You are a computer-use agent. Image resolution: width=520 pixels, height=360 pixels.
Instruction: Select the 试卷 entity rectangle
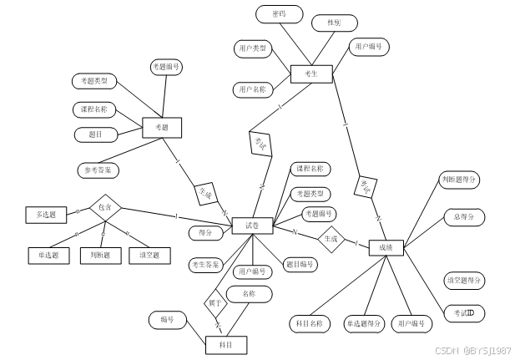click(251, 226)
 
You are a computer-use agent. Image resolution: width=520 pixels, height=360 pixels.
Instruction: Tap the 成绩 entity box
click(385, 247)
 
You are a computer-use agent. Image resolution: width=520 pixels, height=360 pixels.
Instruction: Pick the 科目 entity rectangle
click(226, 344)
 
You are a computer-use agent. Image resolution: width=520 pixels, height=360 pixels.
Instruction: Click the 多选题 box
click(45, 215)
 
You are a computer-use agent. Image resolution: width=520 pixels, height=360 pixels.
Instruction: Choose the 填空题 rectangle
click(149, 255)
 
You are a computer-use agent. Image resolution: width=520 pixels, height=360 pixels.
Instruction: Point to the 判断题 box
click(99, 255)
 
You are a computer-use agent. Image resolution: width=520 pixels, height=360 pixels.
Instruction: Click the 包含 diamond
click(105, 207)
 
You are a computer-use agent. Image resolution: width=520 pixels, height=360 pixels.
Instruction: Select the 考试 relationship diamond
click(260, 142)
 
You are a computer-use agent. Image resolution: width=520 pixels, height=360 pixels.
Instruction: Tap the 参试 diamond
click(365, 187)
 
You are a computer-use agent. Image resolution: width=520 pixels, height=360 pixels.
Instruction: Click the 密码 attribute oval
click(278, 15)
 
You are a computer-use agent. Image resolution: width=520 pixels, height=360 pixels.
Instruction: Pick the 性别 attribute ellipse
click(335, 23)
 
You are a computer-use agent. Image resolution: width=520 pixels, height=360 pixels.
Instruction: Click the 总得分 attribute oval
click(463, 217)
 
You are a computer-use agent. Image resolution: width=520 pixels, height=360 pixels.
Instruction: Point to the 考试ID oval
click(465, 312)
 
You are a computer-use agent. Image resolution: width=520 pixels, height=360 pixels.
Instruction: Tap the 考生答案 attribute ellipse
click(205, 265)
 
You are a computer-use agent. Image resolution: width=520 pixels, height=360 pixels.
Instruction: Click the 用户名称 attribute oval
click(252, 89)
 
